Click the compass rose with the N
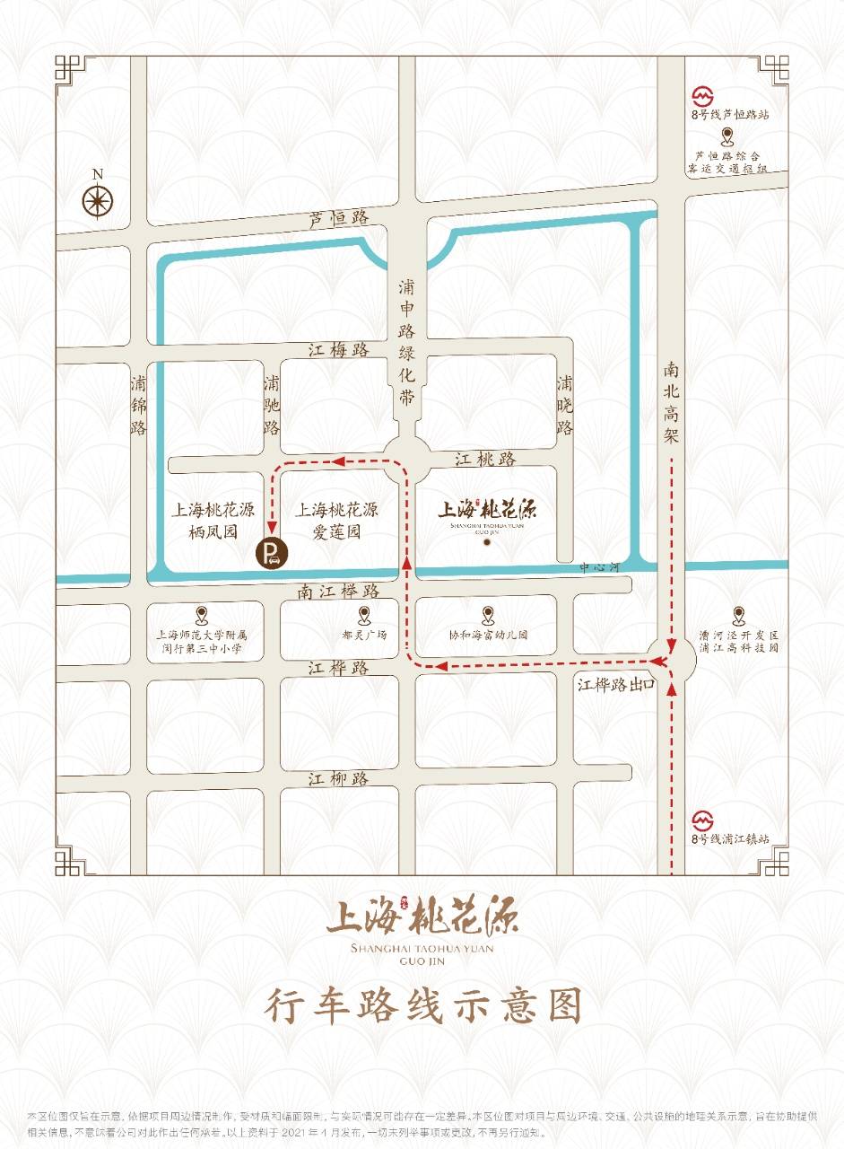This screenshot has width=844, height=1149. (x=98, y=200)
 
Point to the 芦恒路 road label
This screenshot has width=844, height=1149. (x=339, y=218)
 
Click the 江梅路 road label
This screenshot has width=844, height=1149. (x=339, y=350)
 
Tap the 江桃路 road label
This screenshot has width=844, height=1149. (x=485, y=459)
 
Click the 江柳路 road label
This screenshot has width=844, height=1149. (x=339, y=778)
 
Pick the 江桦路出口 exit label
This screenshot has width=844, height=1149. (x=616, y=685)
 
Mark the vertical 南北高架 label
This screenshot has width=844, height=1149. (x=673, y=402)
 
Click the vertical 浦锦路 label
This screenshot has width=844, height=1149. (x=138, y=404)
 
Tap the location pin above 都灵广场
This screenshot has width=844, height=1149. (x=364, y=615)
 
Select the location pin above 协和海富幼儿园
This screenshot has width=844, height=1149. (x=488, y=615)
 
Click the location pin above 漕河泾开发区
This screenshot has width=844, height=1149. (x=738, y=615)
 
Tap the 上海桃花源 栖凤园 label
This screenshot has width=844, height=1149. (x=213, y=521)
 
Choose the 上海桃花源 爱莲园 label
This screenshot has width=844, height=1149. (x=337, y=521)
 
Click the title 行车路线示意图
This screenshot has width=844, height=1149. (x=422, y=1006)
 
